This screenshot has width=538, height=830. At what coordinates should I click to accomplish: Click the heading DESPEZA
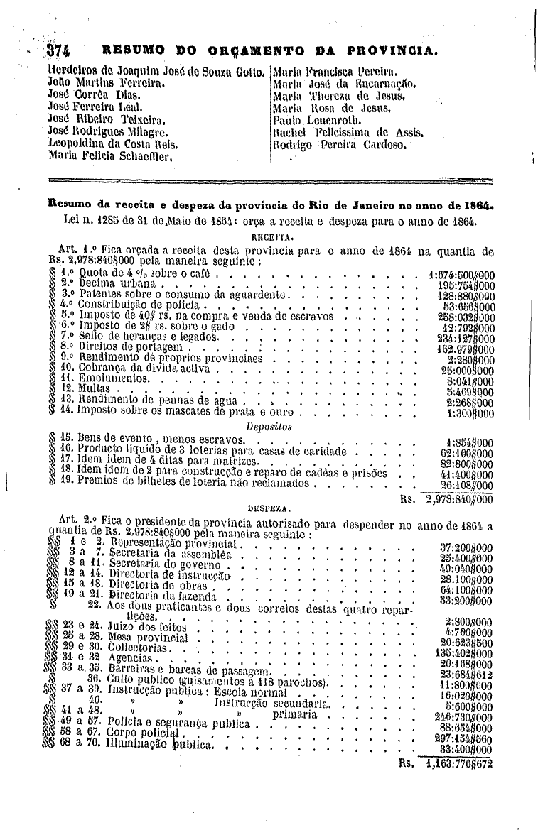pos(268,509)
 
